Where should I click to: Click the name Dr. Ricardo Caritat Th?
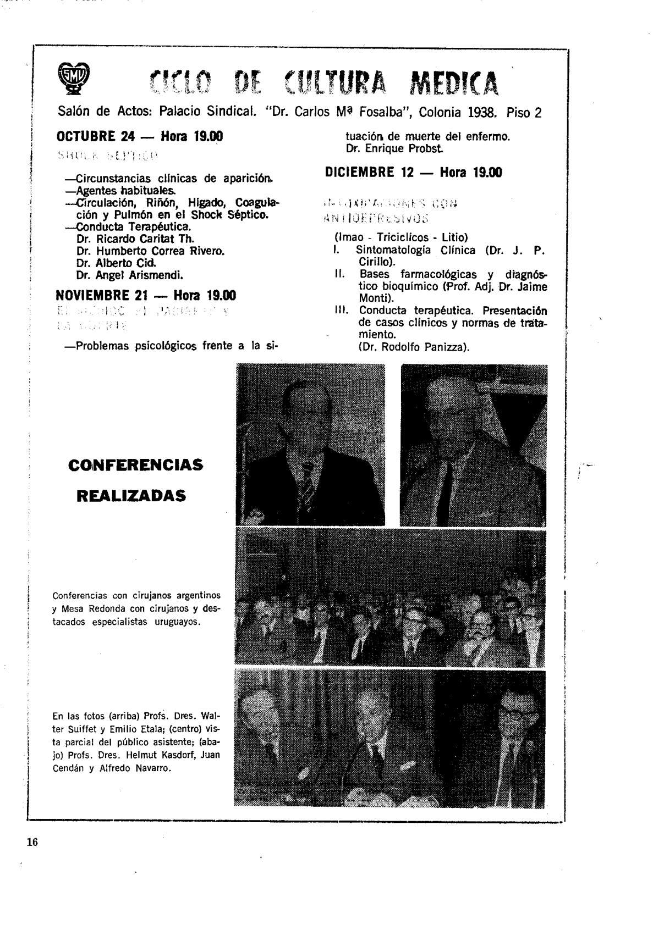[135, 239]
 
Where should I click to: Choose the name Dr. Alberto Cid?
[113, 263]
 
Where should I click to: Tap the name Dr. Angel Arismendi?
[130, 275]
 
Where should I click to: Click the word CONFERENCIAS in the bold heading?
[135, 465]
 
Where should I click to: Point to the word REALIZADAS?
[131, 496]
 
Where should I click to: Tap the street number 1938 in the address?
[480, 113]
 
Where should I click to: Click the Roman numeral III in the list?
[340, 311]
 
